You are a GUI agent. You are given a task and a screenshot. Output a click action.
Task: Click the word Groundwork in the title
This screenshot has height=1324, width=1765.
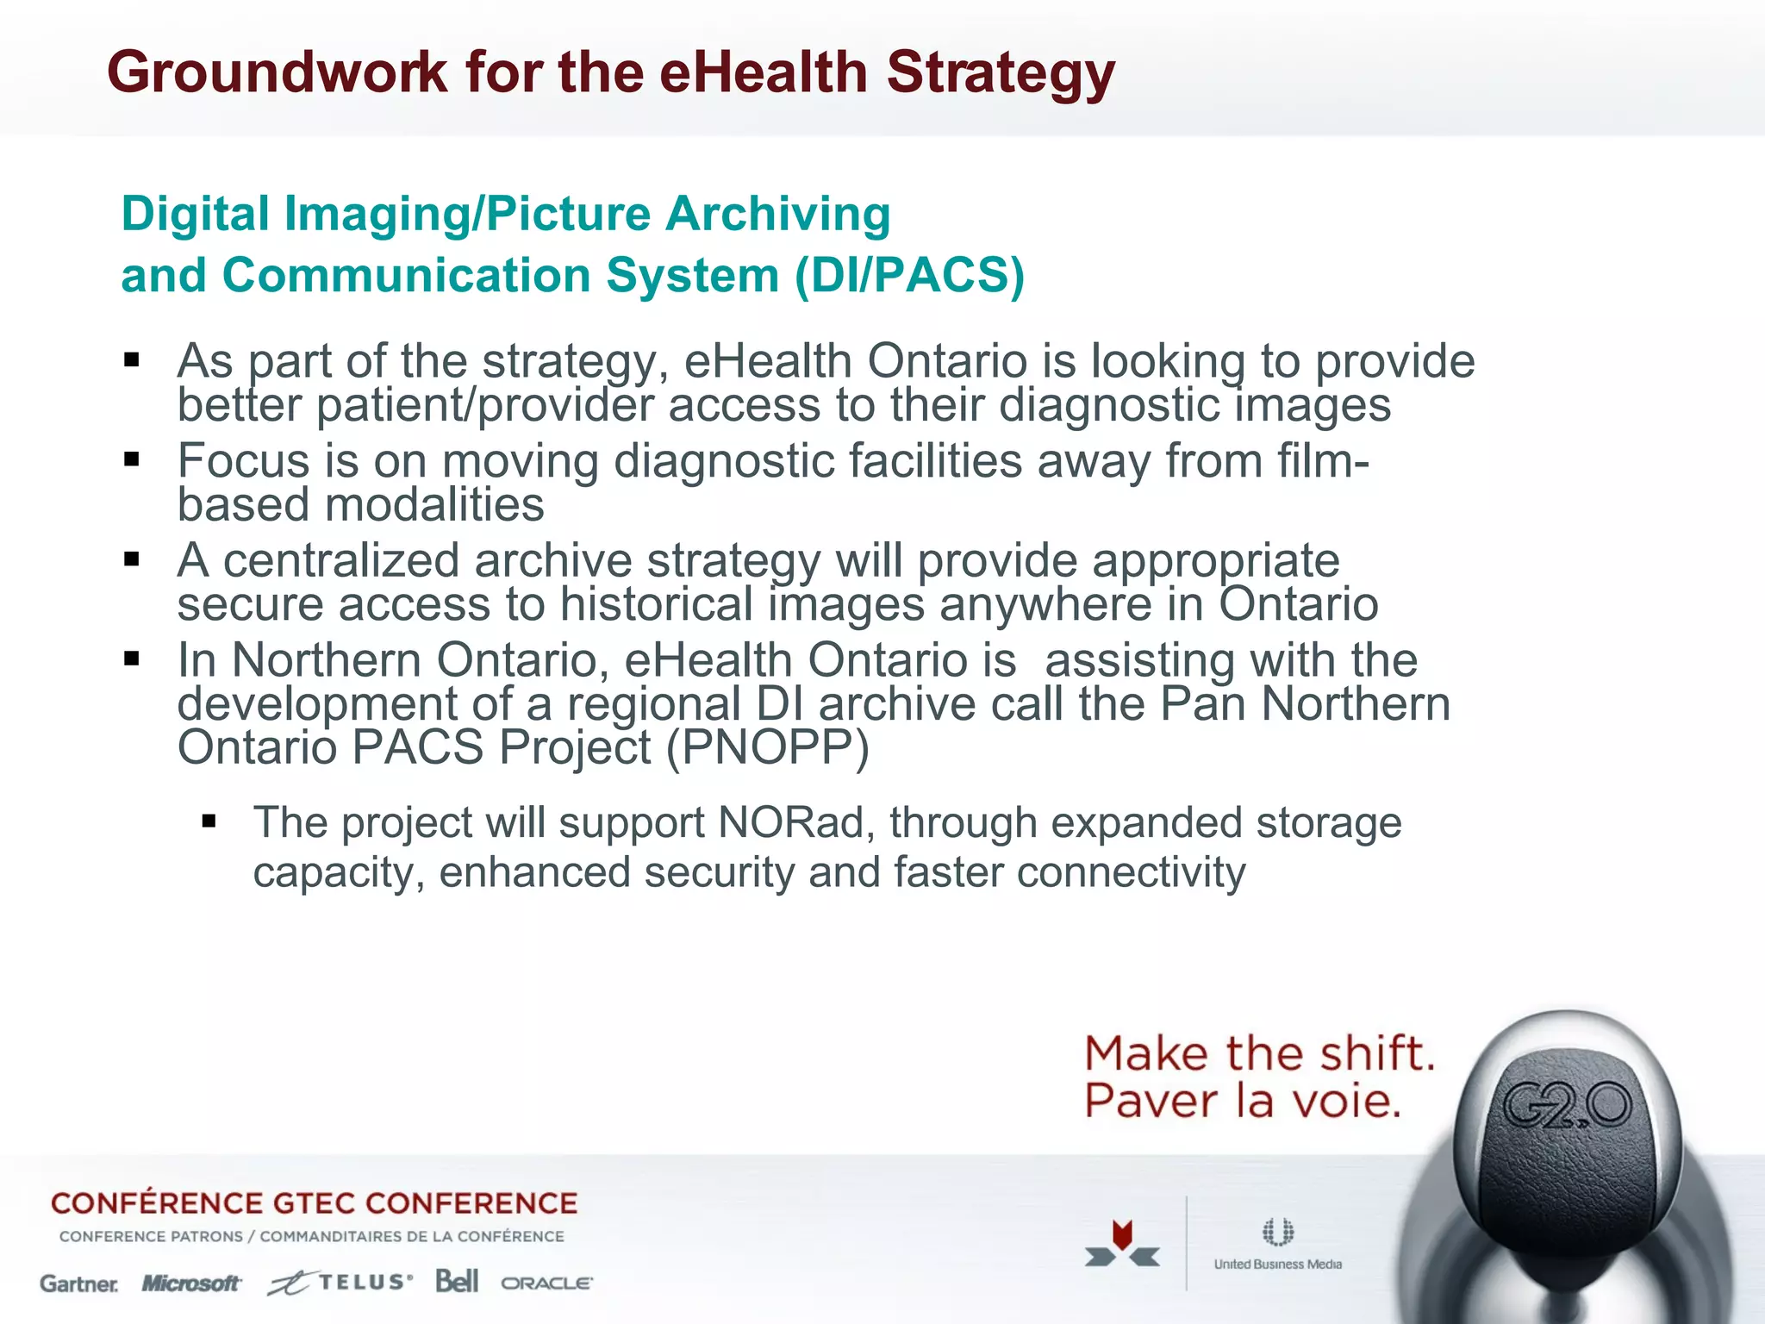pyautogui.click(x=277, y=72)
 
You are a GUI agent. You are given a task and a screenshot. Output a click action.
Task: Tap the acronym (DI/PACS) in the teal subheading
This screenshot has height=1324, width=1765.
pyautogui.click(x=909, y=276)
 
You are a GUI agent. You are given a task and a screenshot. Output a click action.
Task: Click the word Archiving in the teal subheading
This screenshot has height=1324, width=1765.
pyautogui.click(x=777, y=215)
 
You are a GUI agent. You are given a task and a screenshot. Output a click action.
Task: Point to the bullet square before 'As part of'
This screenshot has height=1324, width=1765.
pyautogui.click(x=132, y=359)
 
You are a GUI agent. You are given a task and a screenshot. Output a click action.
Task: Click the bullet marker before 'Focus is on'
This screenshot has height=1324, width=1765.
pyautogui.click(x=132, y=459)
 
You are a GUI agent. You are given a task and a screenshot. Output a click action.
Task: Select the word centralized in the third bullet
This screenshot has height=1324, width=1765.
pyautogui.click(x=340, y=561)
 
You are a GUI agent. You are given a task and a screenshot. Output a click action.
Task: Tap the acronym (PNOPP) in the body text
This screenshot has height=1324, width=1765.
pyautogui.click(x=768, y=747)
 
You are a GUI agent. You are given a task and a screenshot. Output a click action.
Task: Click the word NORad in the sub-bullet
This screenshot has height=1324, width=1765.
pyautogui.click(x=791, y=822)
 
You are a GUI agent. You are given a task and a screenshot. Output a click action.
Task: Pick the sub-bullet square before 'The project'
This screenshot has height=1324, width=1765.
pyautogui.click(x=209, y=821)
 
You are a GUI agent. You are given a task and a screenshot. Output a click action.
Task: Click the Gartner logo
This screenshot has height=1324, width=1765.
pyautogui.click(x=79, y=1283)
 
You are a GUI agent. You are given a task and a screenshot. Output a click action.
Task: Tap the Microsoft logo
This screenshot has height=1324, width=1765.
pyautogui.click(x=191, y=1283)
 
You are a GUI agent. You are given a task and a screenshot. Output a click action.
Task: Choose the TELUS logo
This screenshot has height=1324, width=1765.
pyautogui.click(x=340, y=1283)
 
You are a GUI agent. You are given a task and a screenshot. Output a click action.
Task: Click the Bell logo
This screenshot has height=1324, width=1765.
pyautogui.click(x=457, y=1282)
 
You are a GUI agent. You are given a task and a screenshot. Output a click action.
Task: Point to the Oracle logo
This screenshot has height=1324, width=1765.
pyautogui.click(x=546, y=1283)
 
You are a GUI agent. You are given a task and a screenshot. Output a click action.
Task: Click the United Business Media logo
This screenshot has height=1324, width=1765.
pyautogui.click(x=1277, y=1245)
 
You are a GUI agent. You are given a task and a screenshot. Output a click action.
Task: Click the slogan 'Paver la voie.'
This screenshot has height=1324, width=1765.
pyautogui.click(x=1242, y=1102)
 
